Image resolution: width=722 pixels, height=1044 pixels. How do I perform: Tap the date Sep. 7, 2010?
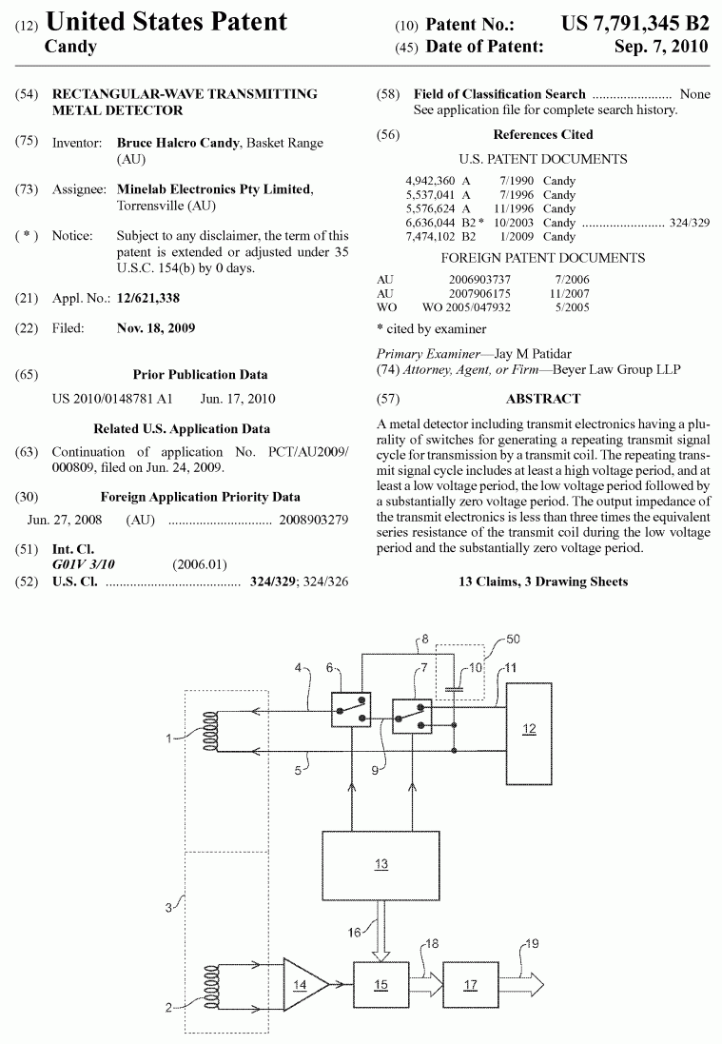(661, 47)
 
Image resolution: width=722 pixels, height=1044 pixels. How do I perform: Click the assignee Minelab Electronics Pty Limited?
(213, 189)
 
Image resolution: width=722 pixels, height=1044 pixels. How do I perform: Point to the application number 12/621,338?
(147, 299)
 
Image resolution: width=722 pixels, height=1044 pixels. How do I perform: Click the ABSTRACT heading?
(543, 399)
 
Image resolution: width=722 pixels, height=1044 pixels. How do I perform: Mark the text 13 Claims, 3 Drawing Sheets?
(543, 581)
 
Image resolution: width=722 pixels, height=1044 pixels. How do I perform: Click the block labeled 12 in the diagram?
(529, 728)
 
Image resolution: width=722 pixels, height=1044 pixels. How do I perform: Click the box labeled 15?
(381, 985)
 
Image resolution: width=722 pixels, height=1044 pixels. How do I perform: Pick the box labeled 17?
(471, 985)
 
